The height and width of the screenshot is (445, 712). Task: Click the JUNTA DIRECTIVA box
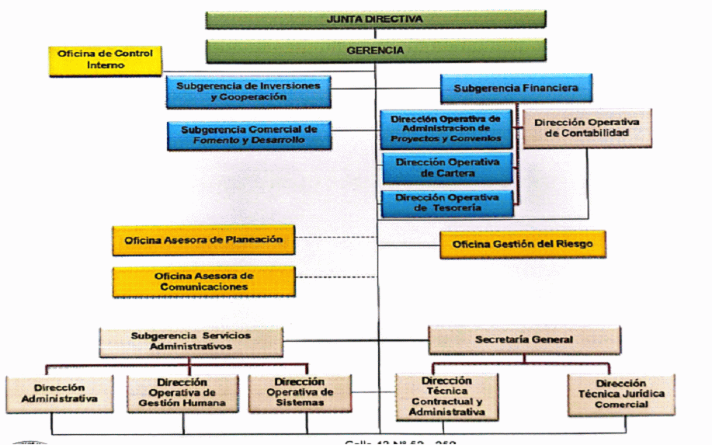tap(376, 19)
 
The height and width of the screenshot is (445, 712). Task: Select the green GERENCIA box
tap(376, 50)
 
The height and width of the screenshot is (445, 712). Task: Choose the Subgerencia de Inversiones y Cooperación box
tap(248, 91)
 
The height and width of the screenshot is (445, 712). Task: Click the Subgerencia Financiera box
tap(516, 88)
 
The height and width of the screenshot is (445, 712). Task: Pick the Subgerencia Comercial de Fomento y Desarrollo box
tap(248, 135)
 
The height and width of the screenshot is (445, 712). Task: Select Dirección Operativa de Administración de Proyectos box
tap(447, 130)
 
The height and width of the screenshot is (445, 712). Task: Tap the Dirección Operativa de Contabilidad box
tap(587, 127)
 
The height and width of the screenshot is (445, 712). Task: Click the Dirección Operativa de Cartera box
tap(447, 168)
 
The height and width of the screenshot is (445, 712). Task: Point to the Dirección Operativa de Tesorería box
tap(447, 203)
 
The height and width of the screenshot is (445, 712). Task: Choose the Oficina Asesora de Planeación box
tap(203, 240)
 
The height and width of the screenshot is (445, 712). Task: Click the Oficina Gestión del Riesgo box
tap(522, 245)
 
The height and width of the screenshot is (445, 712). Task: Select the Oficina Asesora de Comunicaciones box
tap(203, 281)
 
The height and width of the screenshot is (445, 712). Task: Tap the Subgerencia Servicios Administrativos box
tap(191, 341)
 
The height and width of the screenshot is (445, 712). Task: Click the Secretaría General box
tap(524, 339)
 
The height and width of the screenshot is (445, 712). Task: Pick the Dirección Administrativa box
tap(60, 394)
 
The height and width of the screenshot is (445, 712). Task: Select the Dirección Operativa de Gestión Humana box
tap(182, 393)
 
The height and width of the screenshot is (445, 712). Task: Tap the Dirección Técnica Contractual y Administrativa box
tap(446, 396)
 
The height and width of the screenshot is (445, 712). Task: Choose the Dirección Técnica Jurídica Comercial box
tap(620, 394)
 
